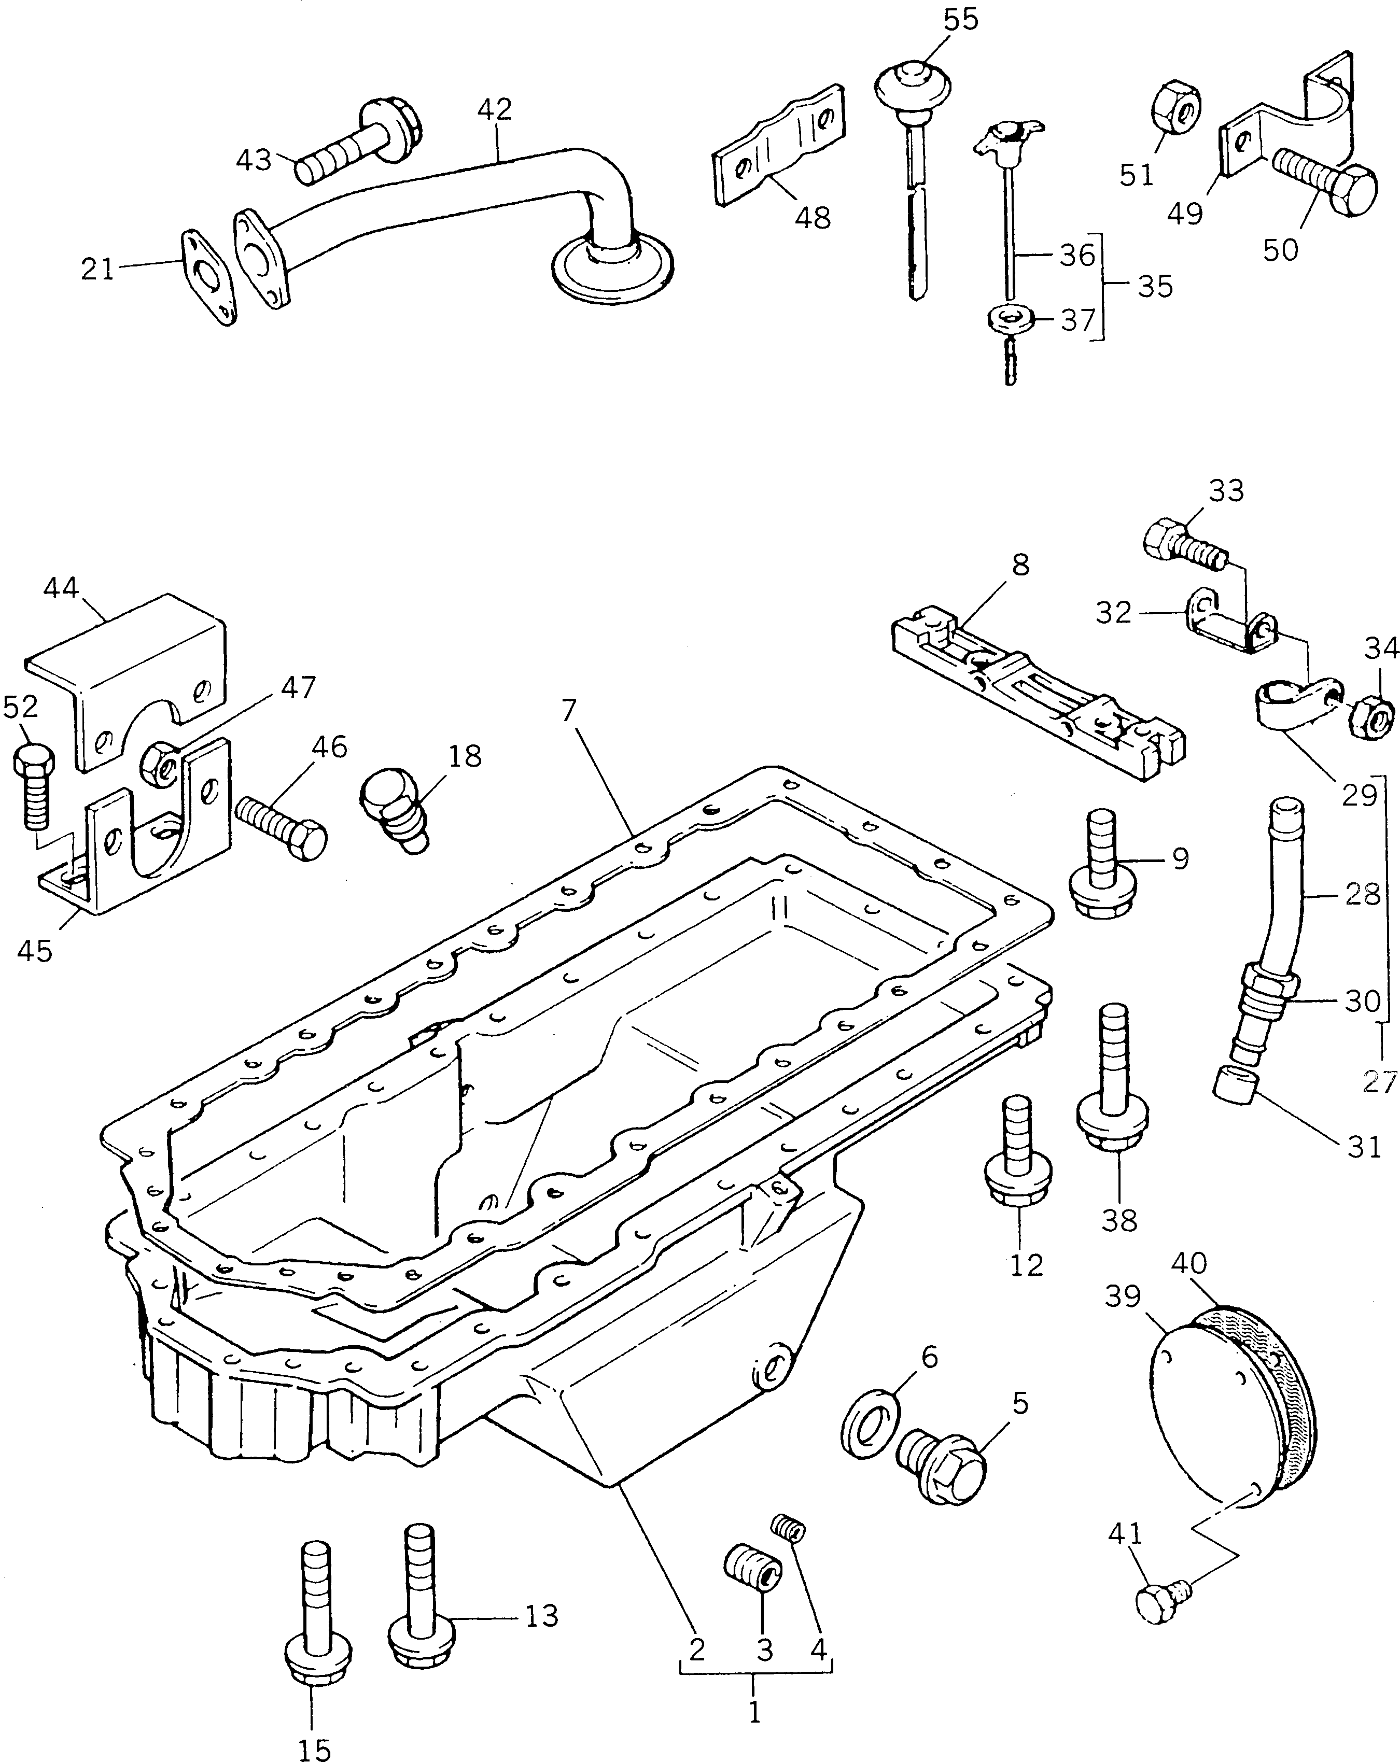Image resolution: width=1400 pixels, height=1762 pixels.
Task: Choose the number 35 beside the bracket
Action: coord(1155,286)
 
